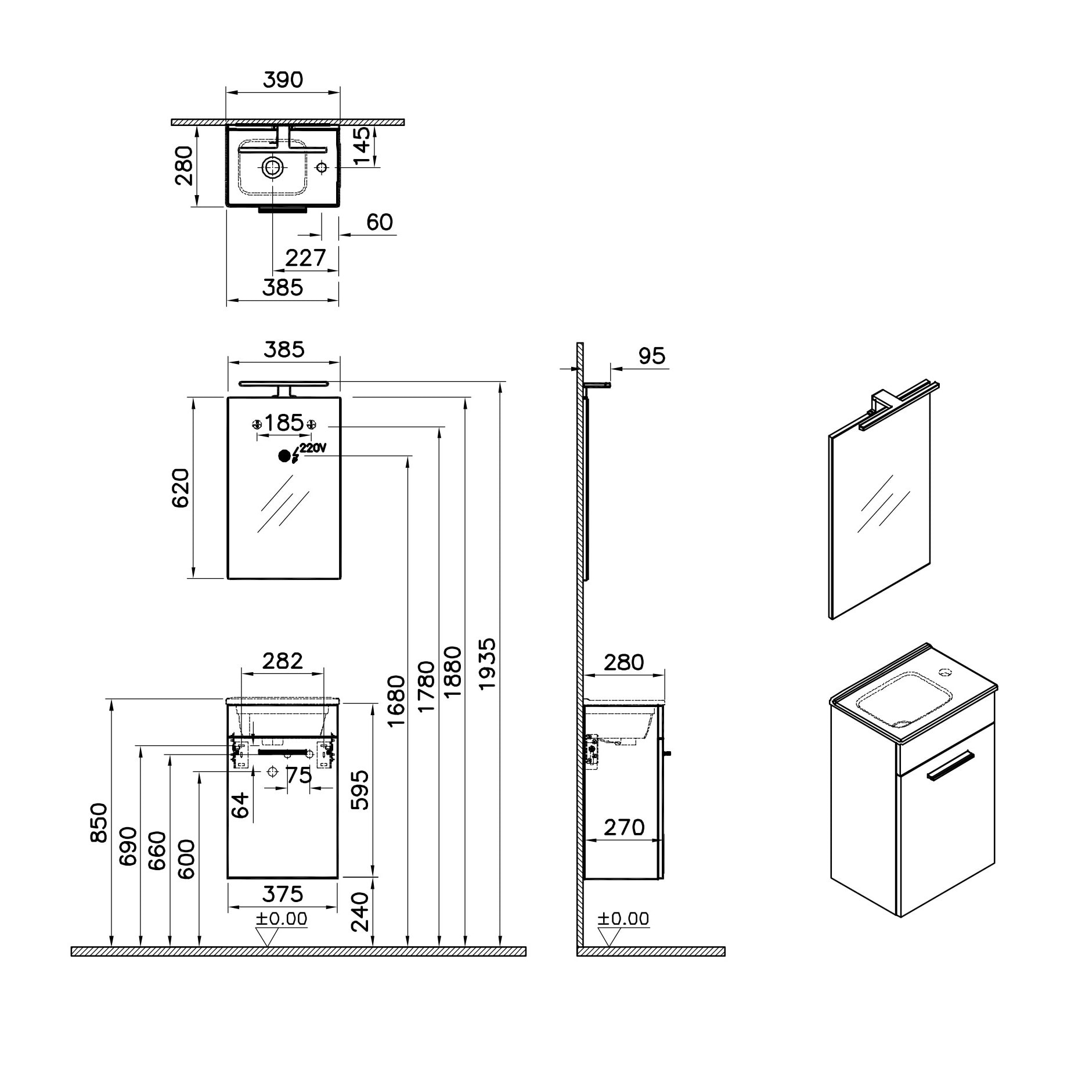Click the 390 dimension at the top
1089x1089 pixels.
(283, 80)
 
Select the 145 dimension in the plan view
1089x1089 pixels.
(361, 146)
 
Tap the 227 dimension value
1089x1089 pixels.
(306, 258)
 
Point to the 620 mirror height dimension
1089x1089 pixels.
(181, 488)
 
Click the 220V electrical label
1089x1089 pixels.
(313, 448)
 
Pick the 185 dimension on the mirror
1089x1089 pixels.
(284, 423)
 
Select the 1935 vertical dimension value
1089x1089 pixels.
(487, 664)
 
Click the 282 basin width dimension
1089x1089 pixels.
(283, 661)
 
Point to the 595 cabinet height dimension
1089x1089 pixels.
(360, 790)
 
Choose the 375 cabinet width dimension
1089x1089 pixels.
(283, 894)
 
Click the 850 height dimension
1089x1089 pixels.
(99, 822)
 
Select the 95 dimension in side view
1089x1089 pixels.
(652, 356)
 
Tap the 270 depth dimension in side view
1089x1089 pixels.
(624, 827)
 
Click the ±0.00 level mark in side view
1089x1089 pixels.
(623, 918)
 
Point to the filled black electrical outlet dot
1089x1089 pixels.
(284, 456)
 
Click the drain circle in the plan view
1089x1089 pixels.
(273, 168)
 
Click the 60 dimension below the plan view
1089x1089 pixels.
(380, 222)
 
